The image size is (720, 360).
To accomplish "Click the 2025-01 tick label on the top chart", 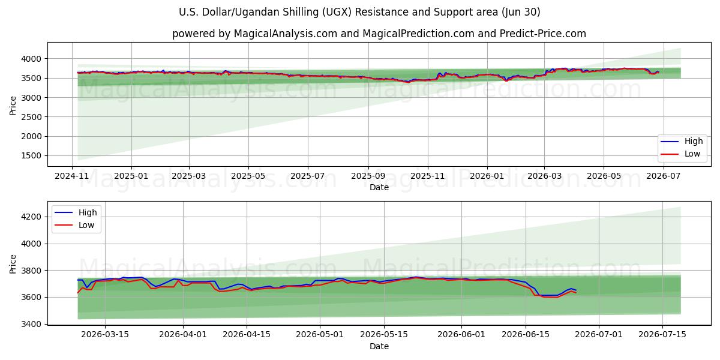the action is click(131, 176).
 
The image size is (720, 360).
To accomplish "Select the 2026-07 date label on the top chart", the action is click(663, 176).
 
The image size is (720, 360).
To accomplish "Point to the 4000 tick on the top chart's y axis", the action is click(31, 59).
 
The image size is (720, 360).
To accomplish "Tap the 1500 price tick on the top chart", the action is click(31, 156).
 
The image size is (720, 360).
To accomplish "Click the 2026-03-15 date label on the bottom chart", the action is click(105, 335).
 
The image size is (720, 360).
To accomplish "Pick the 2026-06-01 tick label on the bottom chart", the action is click(461, 335).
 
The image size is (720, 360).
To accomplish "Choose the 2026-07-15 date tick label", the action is click(662, 335).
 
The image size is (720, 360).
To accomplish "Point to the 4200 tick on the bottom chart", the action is click(31, 217).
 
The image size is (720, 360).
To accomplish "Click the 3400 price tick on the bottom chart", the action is click(31, 324).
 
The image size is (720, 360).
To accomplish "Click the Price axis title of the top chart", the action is click(13, 106).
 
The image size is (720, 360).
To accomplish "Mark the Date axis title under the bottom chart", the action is click(379, 347).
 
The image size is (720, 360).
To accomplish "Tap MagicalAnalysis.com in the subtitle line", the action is click(286, 34).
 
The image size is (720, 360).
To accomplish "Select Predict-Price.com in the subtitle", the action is click(543, 34).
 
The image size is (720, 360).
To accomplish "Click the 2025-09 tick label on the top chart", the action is click(368, 176).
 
